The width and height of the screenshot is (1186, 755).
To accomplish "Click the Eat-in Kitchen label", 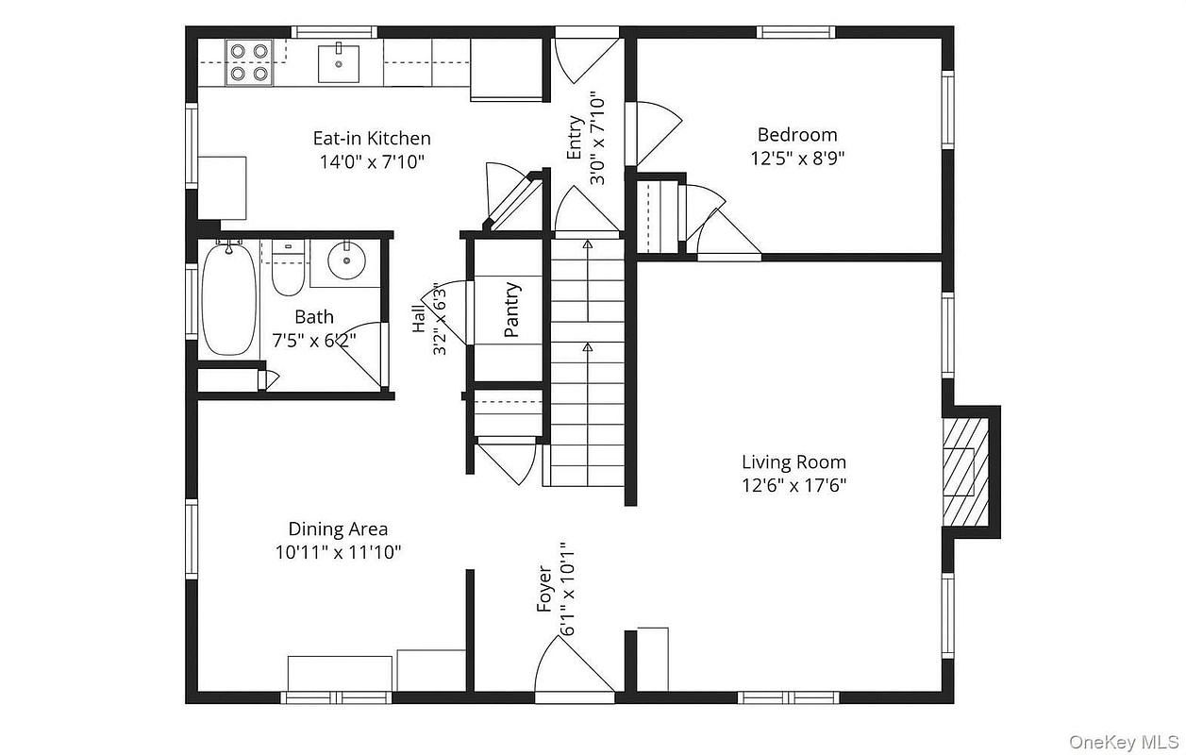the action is pos(372,138).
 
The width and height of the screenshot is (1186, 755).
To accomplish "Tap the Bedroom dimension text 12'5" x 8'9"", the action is pos(797,158).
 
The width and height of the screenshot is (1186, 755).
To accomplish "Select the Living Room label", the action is pos(793,462).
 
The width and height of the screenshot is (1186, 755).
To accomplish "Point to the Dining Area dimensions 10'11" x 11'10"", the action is pos(338,552).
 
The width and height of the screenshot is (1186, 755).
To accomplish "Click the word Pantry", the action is pos(512,310).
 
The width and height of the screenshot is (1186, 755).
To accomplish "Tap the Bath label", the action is pos(314,316).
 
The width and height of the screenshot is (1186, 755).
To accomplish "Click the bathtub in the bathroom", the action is pos(229,299).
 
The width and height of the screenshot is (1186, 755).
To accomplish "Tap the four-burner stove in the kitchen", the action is pos(249,62).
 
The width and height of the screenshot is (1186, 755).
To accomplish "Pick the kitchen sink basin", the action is pos(339,63).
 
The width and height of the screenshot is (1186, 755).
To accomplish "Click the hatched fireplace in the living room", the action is pos(965,472).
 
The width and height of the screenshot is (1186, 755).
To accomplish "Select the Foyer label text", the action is pos(544,589).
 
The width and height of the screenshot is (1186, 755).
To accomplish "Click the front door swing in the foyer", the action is pos(575,670).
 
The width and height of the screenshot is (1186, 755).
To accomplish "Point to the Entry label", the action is pos(575,137).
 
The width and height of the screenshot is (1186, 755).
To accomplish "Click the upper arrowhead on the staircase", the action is pos(587,244).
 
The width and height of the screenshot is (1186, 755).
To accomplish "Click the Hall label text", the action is pos(419,319).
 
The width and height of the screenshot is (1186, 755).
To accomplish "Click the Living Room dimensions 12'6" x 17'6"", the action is pos(793,485).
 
